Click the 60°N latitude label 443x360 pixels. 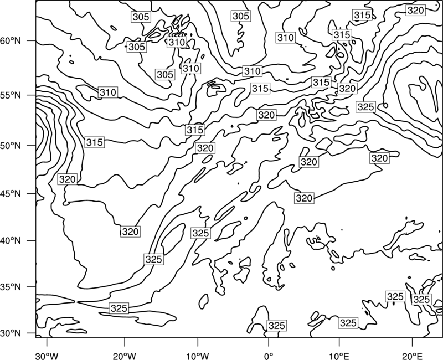pos(11,41)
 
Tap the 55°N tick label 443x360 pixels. pos(11,95)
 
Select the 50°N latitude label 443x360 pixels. pos(11,146)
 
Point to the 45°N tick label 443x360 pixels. pos(11,193)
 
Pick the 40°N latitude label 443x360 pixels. pos(11,241)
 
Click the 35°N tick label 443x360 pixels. pos(11,287)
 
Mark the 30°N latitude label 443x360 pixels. pos(11,333)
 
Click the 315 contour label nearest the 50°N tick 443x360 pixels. pos(95,142)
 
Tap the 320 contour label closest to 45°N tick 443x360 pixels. pos(68,179)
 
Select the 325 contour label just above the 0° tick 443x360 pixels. pos(276,326)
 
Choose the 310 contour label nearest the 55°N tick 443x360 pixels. pos(108,92)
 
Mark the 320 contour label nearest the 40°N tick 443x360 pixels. pos(130,232)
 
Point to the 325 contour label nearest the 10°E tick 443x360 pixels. pos(348,323)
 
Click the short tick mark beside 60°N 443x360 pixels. pos(32,40)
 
